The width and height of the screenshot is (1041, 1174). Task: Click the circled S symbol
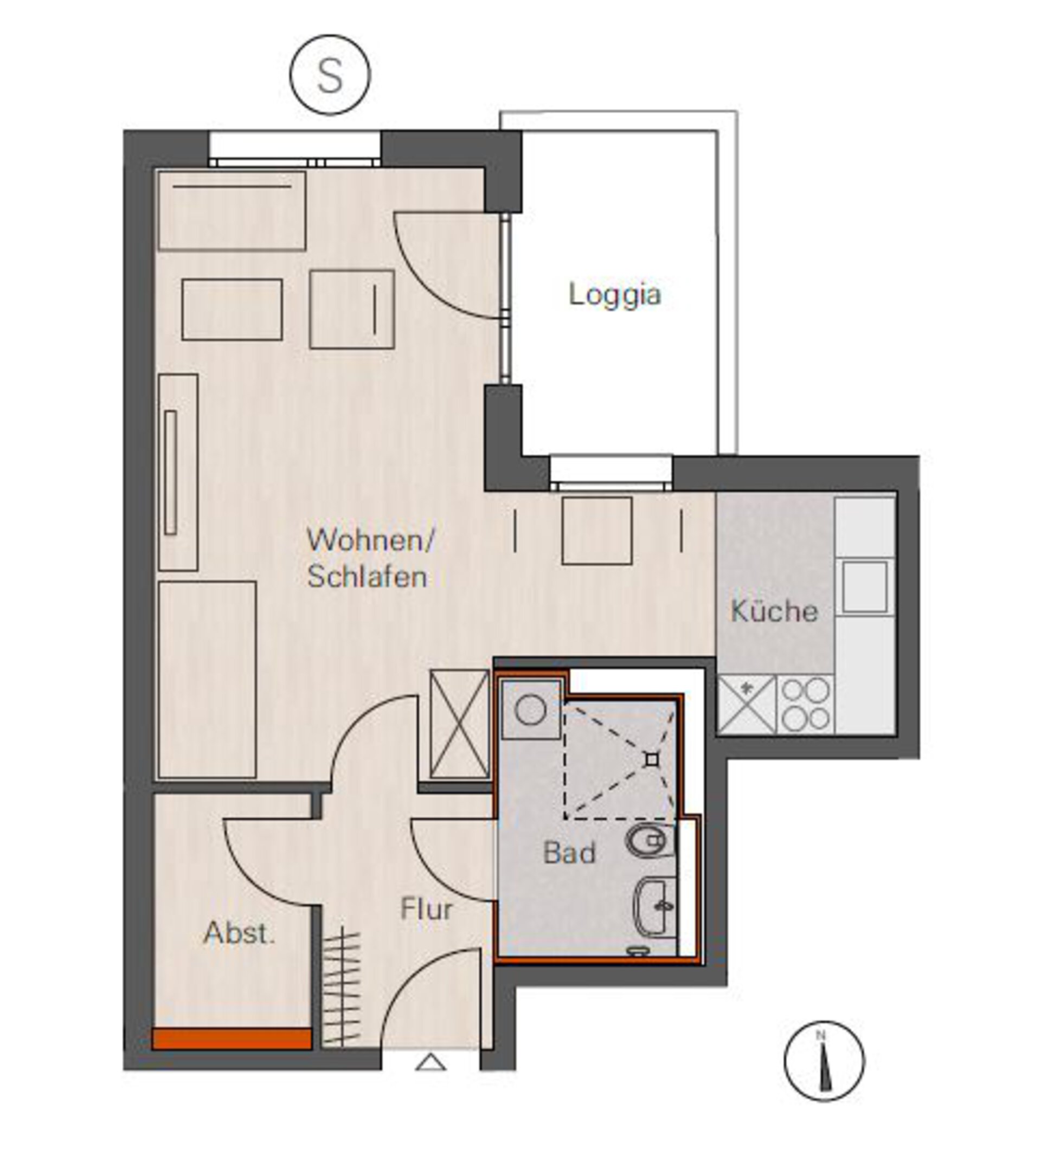click(330, 75)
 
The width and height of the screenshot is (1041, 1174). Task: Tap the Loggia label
click(615, 295)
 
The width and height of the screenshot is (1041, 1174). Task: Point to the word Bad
click(569, 853)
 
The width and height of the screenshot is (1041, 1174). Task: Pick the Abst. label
click(240, 933)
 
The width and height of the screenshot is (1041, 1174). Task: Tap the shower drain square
click(652, 760)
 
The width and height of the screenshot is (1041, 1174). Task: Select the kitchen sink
click(864, 586)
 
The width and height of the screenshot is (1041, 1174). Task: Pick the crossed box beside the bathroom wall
click(459, 725)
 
